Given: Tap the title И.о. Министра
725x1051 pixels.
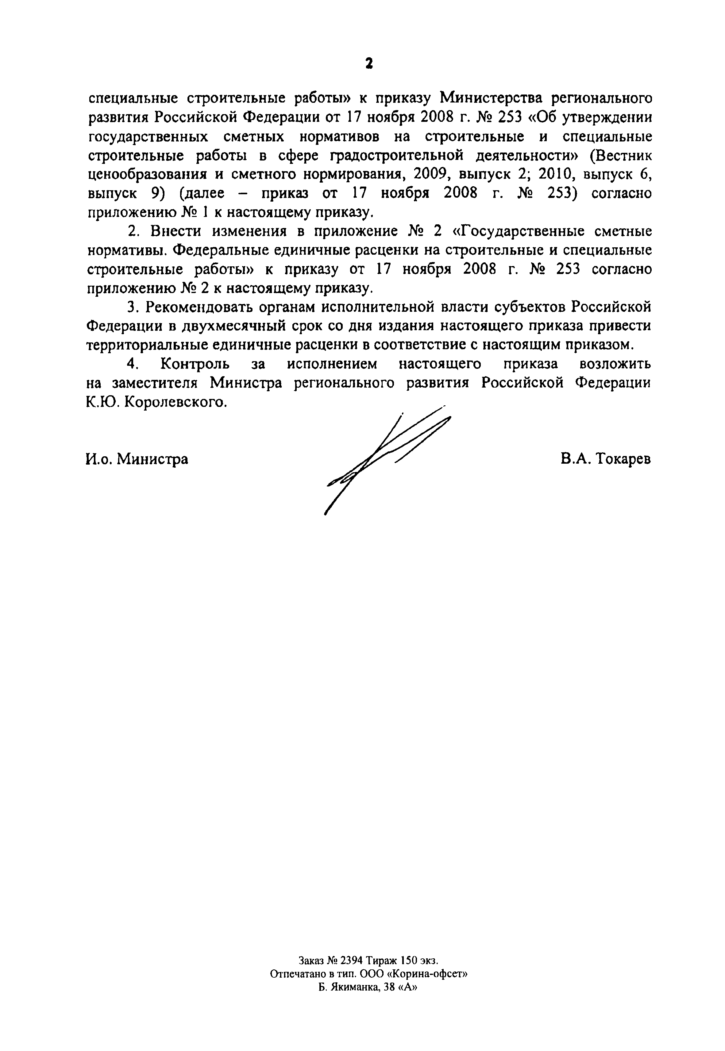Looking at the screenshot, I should (137, 459).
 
